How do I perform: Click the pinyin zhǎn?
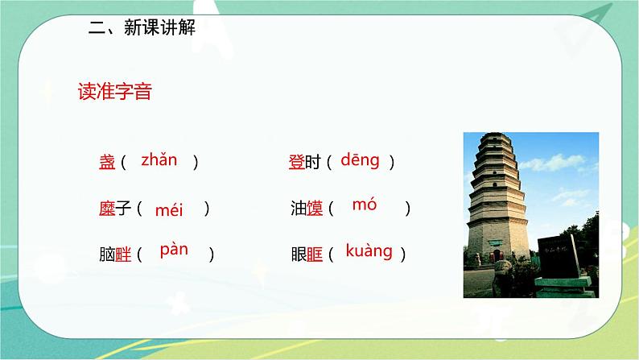tap(159, 159)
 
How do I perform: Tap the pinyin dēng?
tap(360, 160)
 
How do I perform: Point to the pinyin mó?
tap(365, 205)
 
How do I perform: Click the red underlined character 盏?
tap(107, 162)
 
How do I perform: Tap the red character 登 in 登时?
tap(296, 162)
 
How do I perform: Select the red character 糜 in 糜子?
tap(107, 209)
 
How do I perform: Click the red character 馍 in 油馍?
tap(315, 209)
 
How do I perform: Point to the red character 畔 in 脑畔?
tap(123, 254)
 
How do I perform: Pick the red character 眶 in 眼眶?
tap(315, 254)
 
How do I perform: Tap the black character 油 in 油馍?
tap(298, 209)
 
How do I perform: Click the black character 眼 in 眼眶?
tap(298, 254)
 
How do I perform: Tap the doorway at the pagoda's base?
tap(498, 255)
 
